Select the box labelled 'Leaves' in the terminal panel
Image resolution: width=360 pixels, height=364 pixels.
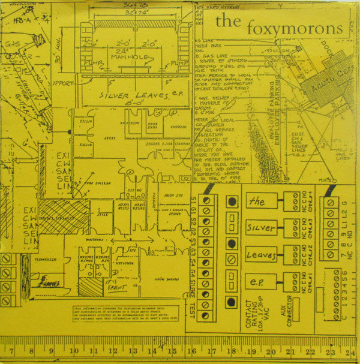point(261,254)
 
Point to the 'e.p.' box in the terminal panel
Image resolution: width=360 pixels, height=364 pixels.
point(260,281)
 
